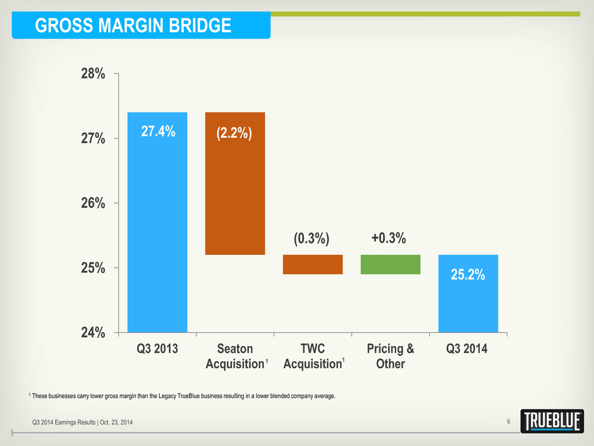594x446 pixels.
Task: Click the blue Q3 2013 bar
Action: coord(157,221)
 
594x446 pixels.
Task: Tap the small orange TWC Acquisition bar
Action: coord(313,264)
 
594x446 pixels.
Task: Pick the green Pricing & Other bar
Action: coord(391,264)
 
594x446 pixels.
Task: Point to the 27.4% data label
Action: coord(157,133)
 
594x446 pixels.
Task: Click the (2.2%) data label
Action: coord(235,133)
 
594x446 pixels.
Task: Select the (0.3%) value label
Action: coord(313,238)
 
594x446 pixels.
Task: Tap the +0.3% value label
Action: coord(389,238)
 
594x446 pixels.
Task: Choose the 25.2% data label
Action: coord(468,276)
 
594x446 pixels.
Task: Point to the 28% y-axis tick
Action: coord(92,74)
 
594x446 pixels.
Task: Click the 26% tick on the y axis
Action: coord(92,203)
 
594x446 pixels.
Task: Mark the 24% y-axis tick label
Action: coord(92,332)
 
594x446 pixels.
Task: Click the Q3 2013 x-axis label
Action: coord(157,349)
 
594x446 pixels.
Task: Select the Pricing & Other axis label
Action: coord(391,356)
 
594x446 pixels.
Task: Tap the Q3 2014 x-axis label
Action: coord(468,349)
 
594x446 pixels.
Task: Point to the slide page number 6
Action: coord(508,422)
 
